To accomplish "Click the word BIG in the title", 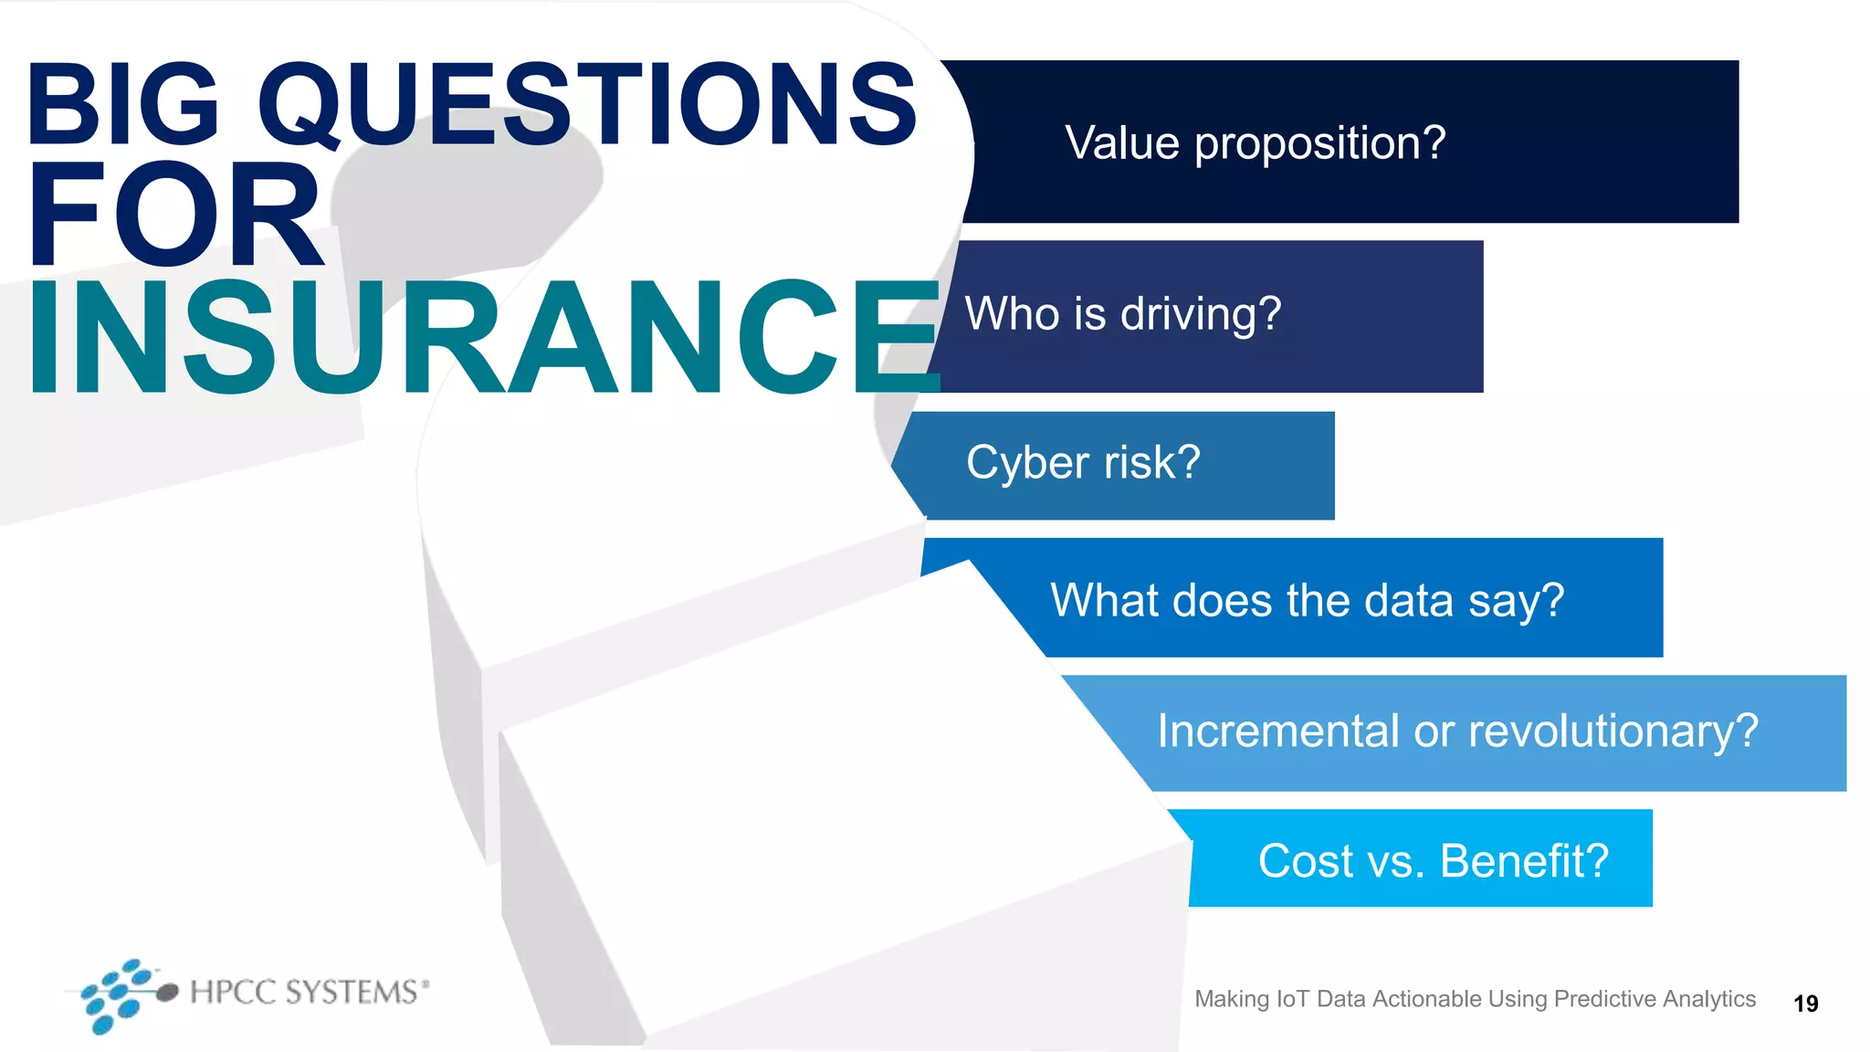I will pyautogui.click(x=123, y=105).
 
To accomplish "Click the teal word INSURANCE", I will pyautogui.click(x=484, y=338).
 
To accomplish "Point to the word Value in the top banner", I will pyautogui.click(x=1122, y=143).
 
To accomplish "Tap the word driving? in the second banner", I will pyautogui.click(x=1201, y=315).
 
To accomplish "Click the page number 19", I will pyautogui.click(x=1805, y=1004).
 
